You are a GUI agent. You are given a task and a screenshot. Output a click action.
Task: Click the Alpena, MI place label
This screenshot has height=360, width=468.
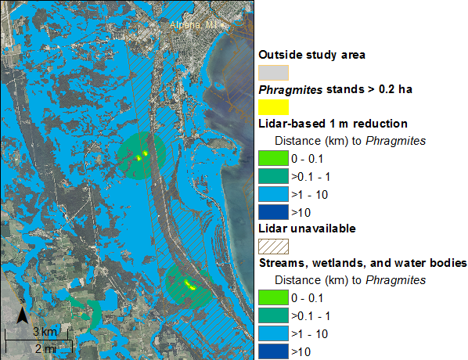[x=193, y=25]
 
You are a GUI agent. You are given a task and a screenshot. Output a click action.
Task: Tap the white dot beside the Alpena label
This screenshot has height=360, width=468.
[x=222, y=26]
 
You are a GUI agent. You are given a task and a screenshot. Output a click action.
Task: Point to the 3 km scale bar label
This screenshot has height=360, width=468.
[x=45, y=332]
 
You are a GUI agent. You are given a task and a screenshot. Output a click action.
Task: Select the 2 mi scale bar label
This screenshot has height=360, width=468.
[x=45, y=349]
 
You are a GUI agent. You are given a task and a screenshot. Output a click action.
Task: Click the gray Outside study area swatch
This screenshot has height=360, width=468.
[x=273, y=73]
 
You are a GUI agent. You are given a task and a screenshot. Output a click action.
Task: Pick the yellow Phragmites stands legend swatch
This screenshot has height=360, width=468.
[x=273, y=107]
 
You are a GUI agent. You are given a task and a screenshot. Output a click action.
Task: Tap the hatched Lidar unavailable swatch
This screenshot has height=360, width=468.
[x=273, y=247]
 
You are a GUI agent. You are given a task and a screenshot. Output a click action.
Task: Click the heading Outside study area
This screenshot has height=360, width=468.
[x=311, y=55]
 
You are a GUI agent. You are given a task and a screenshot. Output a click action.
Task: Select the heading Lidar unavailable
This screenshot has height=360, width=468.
[x=307, y=229]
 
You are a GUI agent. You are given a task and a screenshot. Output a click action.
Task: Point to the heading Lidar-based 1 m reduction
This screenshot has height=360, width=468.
[x=333, y=124]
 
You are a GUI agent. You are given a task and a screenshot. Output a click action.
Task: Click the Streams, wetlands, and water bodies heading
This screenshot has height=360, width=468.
[x=362, y=263]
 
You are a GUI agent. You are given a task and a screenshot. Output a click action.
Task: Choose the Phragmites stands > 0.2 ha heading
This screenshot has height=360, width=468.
[x=335, y=89]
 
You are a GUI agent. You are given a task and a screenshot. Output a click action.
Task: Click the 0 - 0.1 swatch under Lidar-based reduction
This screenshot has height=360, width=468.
[x=273, y=158]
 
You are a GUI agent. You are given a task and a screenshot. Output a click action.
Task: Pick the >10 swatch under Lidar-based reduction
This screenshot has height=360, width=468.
[x=273, y=212]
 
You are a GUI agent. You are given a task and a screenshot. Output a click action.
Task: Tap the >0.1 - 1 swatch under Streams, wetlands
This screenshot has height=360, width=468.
[x=273, y=315]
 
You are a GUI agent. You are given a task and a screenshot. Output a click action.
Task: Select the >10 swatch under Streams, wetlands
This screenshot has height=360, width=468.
[x=273, y=351]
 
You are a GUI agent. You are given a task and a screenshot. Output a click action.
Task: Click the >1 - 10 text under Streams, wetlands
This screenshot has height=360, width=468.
[x=309, y=334]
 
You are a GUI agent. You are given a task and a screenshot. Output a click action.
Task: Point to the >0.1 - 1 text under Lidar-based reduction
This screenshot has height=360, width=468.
[x=311, y=177]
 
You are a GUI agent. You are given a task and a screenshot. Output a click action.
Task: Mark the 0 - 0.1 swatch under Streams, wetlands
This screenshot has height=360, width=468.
[x=273, y=297]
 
